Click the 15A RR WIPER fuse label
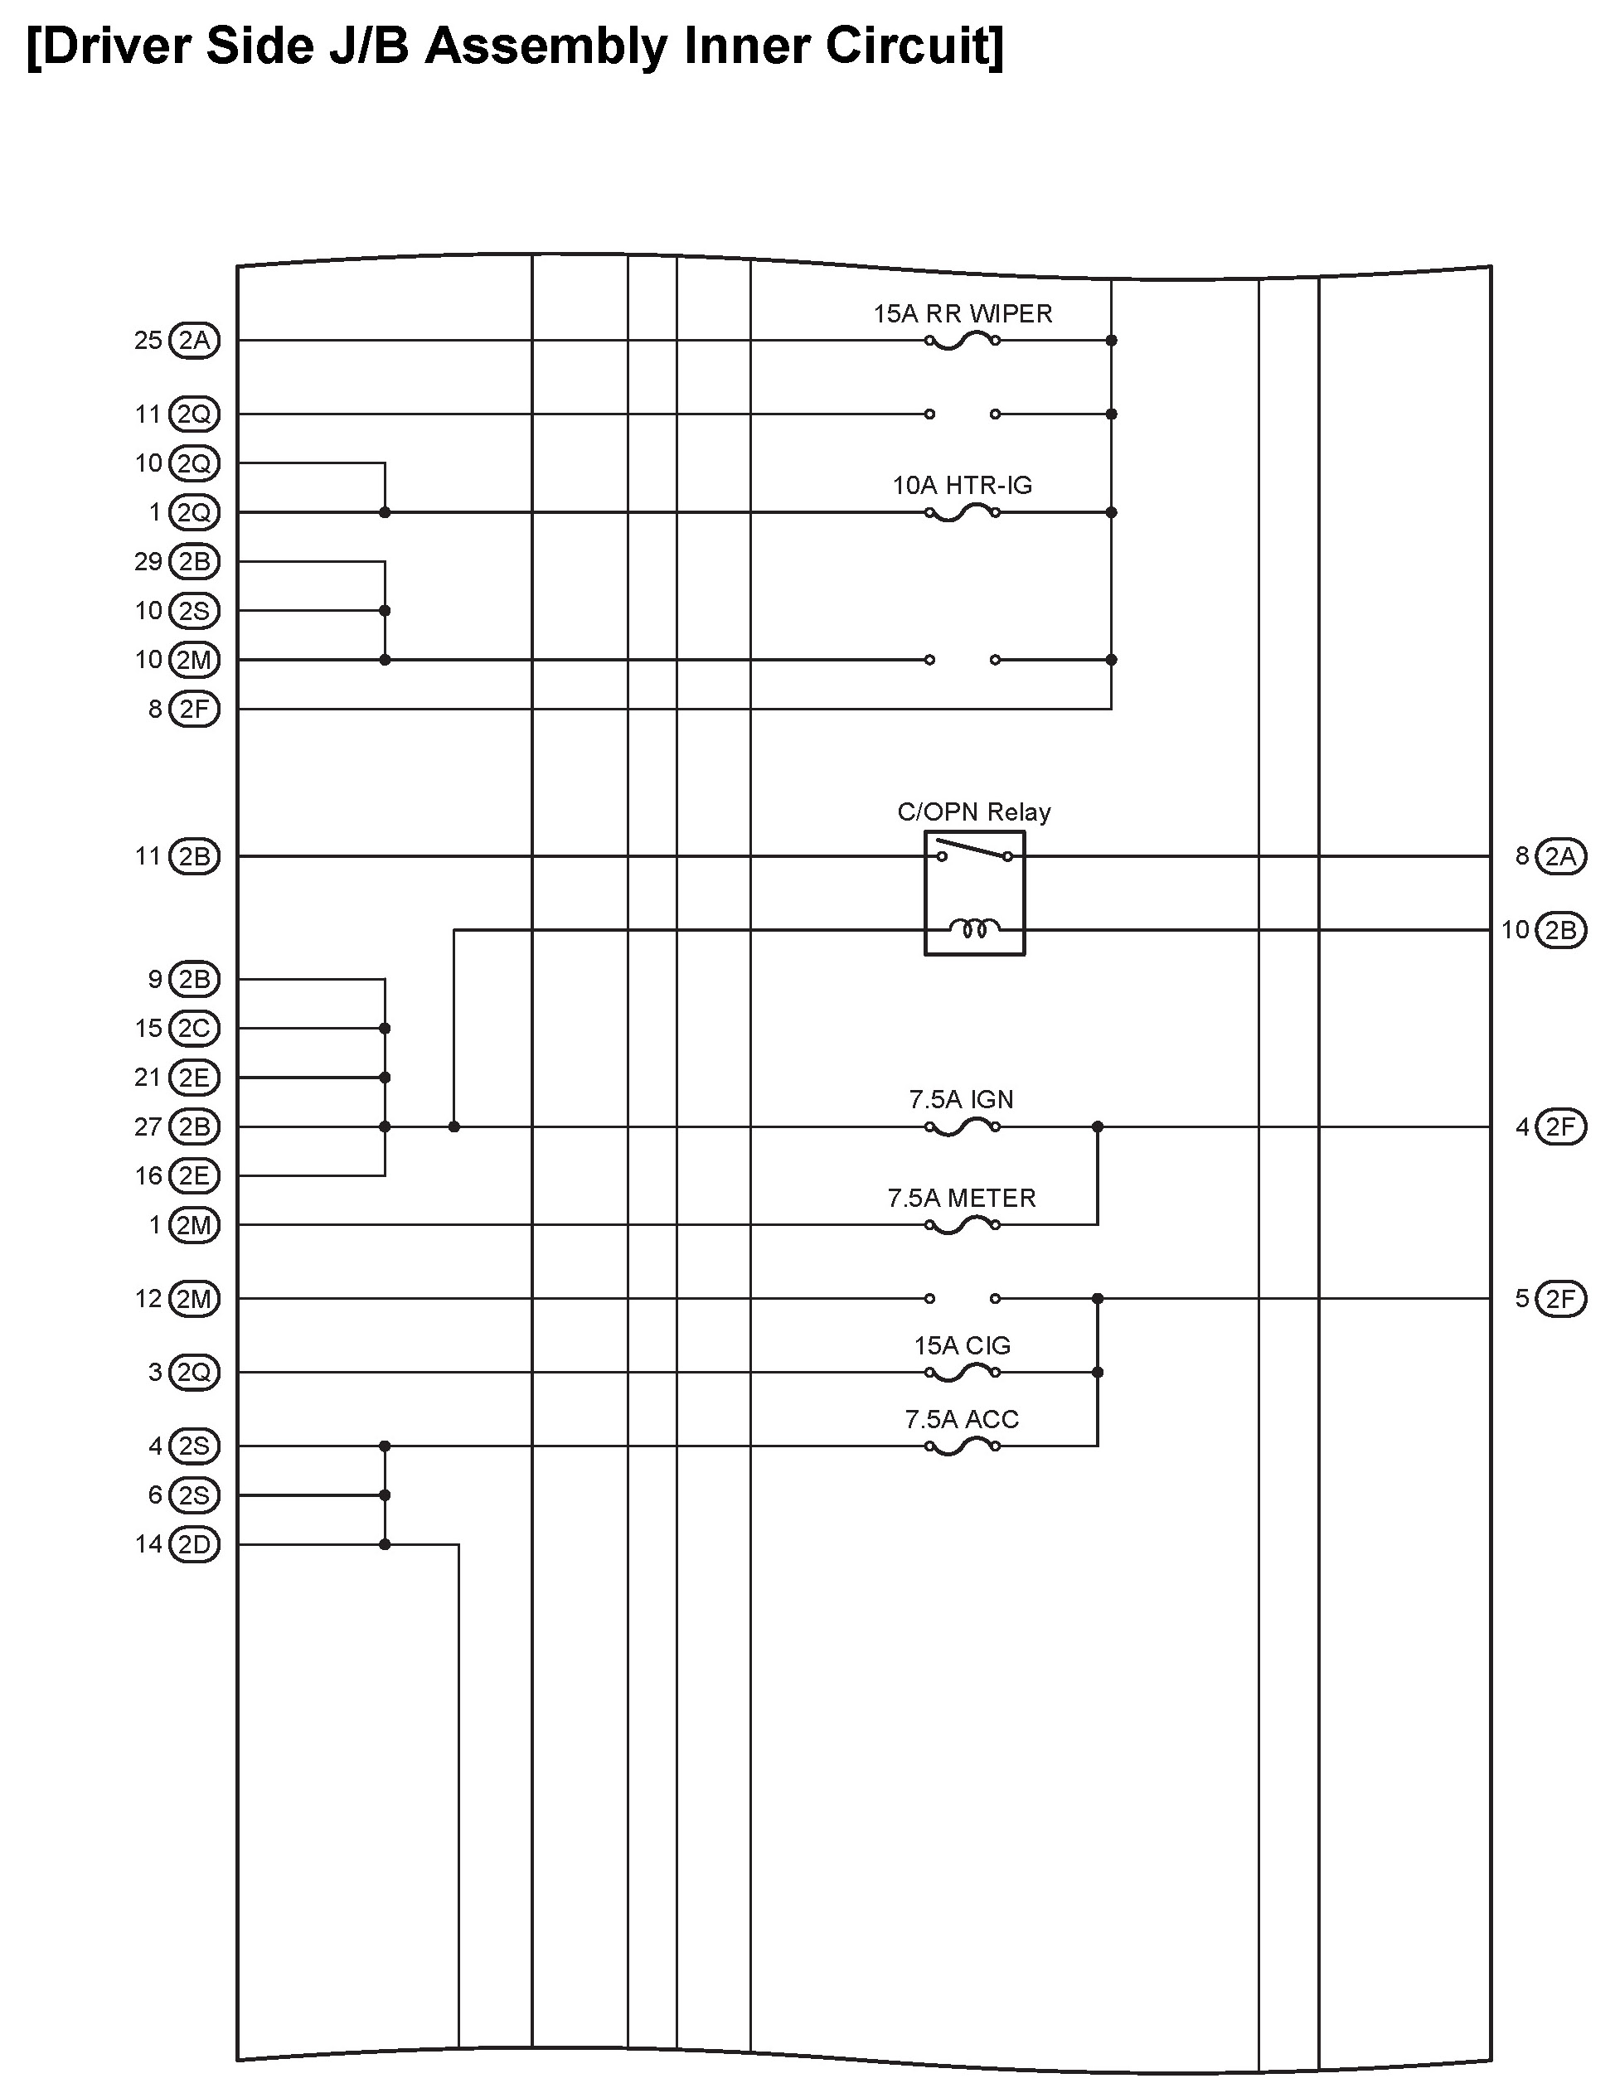point(962,313)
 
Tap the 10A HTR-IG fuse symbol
point(962,513)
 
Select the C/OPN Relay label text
point(973,811)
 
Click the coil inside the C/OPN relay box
point(973,928)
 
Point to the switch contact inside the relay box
point(973,850)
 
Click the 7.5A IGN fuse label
point(961,1099)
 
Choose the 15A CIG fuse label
point(962,1345)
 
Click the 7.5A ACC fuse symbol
point(962,1447)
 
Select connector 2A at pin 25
point(194,341)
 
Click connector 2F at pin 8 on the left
point(194,710)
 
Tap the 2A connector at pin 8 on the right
point(1560,856)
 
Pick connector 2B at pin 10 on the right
point(1560,930)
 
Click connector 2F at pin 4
point(1560,1127)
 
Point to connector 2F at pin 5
point(1560,1298)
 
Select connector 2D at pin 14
point(194,1544)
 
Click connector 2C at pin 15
point(194,1029)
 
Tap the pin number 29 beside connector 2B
point(148,561)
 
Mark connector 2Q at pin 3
point(194,1373)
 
